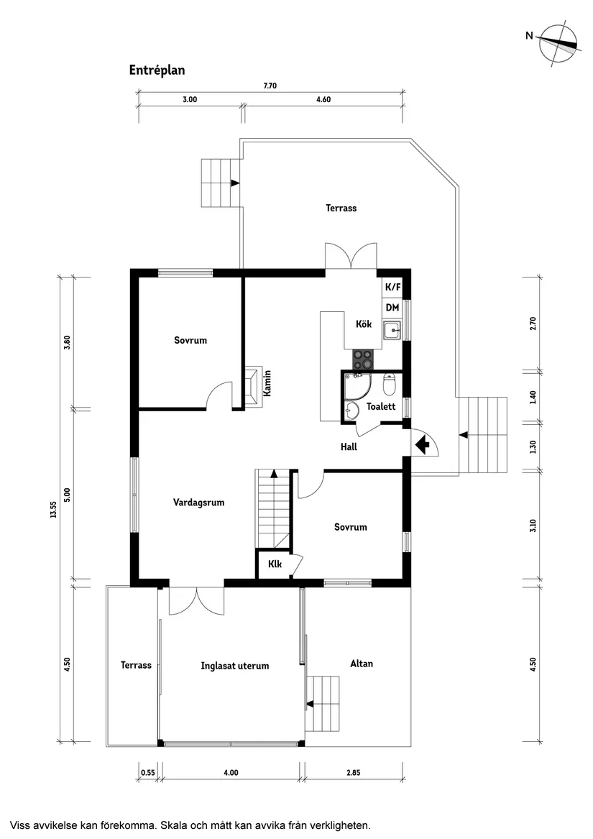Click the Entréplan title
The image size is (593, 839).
157,70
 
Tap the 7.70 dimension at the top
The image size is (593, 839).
270,86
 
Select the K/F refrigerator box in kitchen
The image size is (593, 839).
392,288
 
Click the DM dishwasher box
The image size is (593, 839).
392,308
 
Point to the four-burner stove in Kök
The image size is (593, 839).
363,358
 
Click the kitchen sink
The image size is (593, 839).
392,331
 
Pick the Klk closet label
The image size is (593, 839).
275,564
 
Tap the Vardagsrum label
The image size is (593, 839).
198,503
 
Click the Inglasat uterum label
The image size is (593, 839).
234,666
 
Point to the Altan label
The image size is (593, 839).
361,664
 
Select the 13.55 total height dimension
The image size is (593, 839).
53,508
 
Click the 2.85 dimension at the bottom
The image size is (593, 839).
353,773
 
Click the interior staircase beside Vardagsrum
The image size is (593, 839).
274,508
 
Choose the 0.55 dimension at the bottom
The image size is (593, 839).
147,773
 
